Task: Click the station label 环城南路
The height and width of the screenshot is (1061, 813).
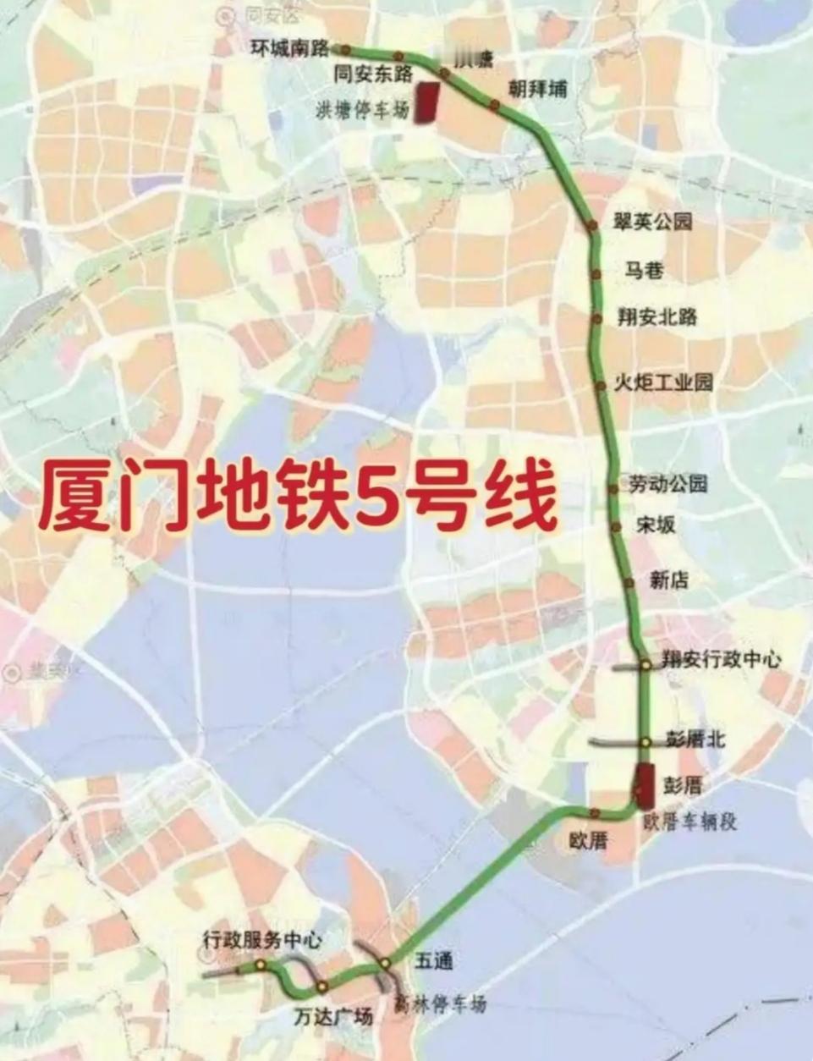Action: pos(289,49)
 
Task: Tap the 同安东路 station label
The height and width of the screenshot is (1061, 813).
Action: pos(373,74)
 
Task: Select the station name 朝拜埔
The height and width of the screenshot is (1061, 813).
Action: pos(537,88)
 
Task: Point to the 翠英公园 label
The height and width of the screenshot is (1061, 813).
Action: pos(652,222)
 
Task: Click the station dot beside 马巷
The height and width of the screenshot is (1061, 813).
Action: pos(596,273)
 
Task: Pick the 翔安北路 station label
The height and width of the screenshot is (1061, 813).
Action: pos(657,317)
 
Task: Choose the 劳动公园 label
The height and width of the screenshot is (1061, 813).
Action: pos(667,484)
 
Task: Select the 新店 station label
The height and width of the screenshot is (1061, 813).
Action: pos(668,580)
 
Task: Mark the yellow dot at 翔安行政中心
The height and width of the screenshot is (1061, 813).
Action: pos(645,665)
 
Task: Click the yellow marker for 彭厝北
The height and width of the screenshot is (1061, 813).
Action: pos(645,742)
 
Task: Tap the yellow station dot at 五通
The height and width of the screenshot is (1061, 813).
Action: pos(385,963)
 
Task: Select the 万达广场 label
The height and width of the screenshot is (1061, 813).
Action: pos(333,1016)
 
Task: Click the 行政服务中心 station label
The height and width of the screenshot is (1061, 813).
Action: pos(262,939)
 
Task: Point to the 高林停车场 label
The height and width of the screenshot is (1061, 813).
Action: pos(441,1004)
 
